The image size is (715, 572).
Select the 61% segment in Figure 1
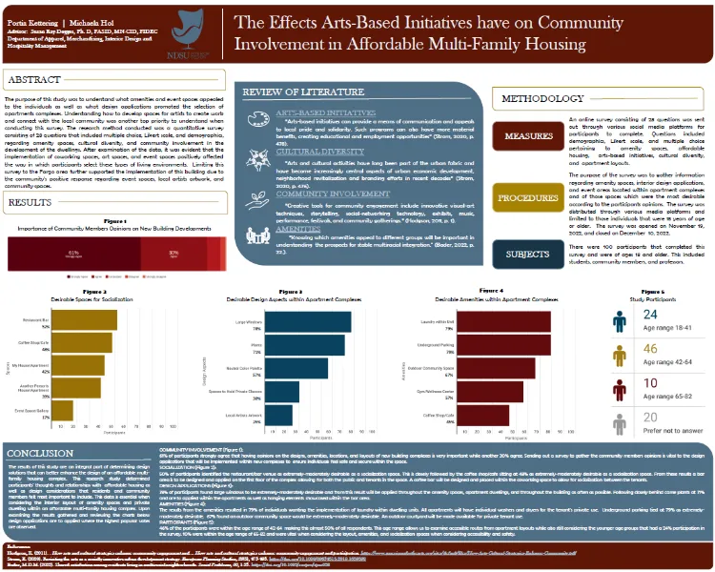pos(95,253)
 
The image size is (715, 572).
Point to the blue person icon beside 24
pos(620,321)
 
